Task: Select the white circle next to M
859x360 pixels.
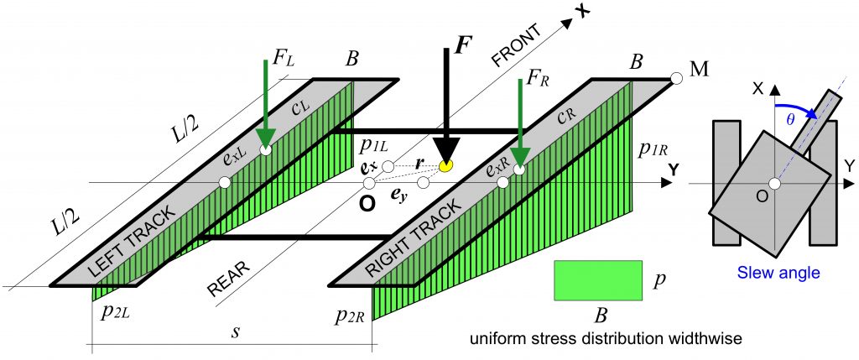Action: pyautogui.click(x=676, y=79)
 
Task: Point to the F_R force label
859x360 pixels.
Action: pyautogui.click(x=539, y=84)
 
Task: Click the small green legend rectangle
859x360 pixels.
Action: pyautogui.click(x=596, y=279)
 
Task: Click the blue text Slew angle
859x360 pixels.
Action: pyautogui.click(x=777, y=272)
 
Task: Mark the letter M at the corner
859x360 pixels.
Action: pyautogui.click(x=698, y=69)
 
